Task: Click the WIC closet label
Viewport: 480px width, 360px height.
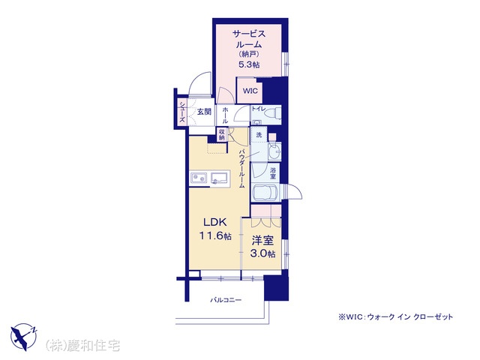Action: [250, 91]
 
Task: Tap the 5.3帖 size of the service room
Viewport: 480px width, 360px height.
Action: [249, 65]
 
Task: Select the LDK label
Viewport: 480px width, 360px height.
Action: [215, 222]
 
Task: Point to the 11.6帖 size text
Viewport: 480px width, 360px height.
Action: [215, 236]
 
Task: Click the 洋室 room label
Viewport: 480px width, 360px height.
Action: [262, 241]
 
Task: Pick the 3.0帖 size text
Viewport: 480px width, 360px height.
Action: [262, 253]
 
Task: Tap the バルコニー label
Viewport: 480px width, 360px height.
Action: [226, 300]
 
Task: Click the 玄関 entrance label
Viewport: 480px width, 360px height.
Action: [204, 112]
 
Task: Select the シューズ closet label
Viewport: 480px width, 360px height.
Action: [182, 112]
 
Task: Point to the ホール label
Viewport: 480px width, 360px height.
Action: [225, 115]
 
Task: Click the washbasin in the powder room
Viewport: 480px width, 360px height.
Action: [274, 151]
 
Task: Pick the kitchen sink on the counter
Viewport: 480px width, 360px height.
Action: [219, 178]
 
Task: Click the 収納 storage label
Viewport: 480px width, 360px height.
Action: [222, 135]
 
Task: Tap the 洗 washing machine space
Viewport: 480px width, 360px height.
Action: [259, 135]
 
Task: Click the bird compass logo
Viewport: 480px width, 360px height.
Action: [24, 337]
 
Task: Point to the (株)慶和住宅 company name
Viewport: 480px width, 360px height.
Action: [82, 346]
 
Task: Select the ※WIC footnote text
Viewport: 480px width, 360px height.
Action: [395, 316]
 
